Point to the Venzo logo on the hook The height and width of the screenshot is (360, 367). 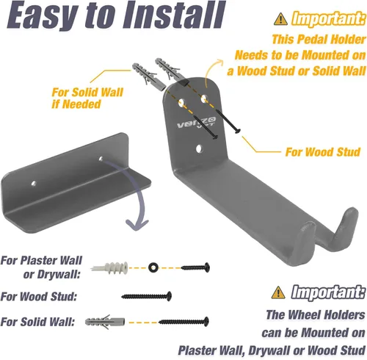coord(192,120)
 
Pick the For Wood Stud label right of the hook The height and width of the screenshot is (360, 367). coord(322,153)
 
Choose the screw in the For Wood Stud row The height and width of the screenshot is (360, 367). coord(147,297)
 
